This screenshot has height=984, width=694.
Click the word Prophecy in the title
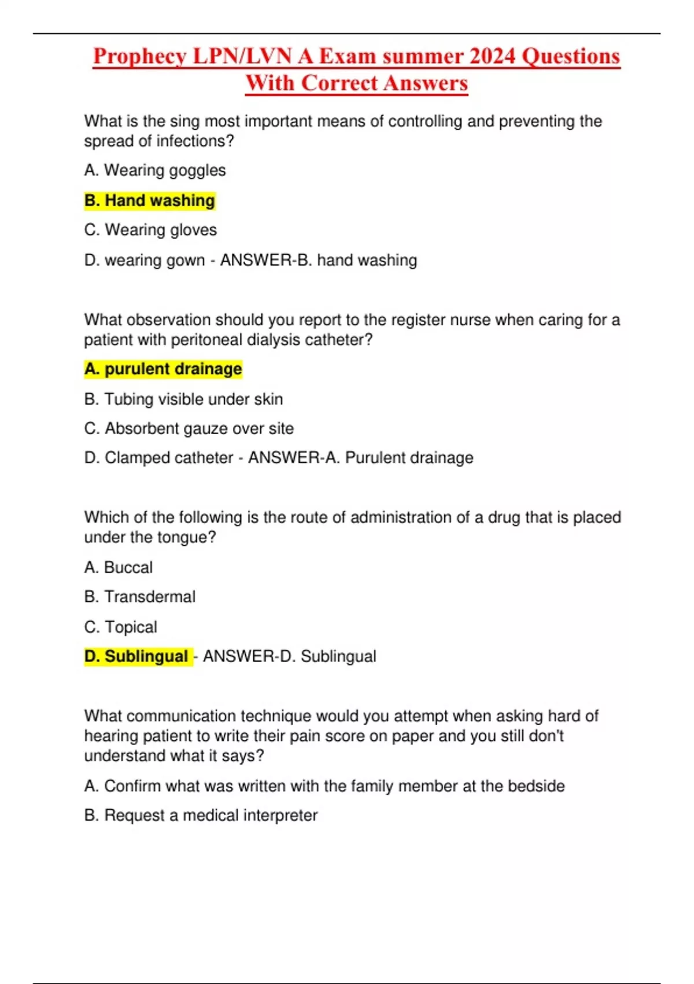click(x=140, y=57)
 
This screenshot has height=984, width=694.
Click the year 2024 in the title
click(x=492, y=57)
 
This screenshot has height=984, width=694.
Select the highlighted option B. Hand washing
click(x=149, y=200)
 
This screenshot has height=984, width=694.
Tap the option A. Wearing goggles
click(x=154, y=170)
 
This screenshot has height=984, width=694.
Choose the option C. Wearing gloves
click(x=150, y=230)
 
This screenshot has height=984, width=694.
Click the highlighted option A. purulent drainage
click(x=163, y=369)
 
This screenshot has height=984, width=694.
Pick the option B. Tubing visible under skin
click(x=183, y=399)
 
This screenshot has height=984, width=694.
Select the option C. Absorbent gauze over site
click(x=189, y=428)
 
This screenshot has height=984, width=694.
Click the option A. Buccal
click(x=118, y=567)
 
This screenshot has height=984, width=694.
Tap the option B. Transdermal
click(x=139, y=597)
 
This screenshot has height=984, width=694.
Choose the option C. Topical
click(x=120, y=627)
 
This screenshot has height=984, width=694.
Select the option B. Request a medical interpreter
click(x=201, y=815)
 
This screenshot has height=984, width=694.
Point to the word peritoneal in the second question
click(x=206, y=339)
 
